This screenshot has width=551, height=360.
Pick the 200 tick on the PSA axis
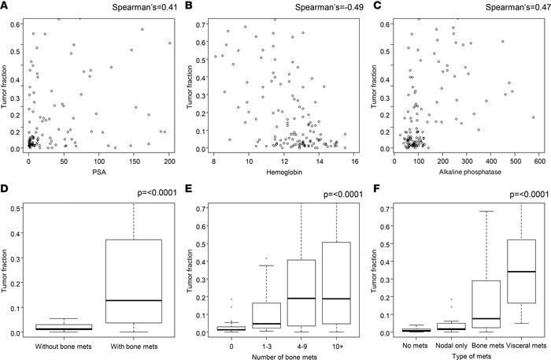pyautogui.click(x=158, y=160)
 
